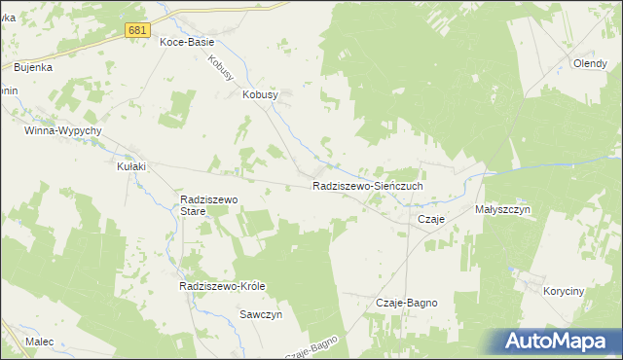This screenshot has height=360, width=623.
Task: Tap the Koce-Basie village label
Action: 187,44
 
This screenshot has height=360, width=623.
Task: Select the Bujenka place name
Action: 33,68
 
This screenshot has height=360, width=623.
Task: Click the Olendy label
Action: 590,64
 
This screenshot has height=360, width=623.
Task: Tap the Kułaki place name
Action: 131,166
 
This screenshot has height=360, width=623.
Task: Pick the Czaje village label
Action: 431,220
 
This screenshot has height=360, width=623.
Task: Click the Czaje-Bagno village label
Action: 406,304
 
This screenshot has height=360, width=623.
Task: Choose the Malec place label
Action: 40,342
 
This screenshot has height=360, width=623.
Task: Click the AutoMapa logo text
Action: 567,342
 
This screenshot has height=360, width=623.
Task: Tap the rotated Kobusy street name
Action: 221,67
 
